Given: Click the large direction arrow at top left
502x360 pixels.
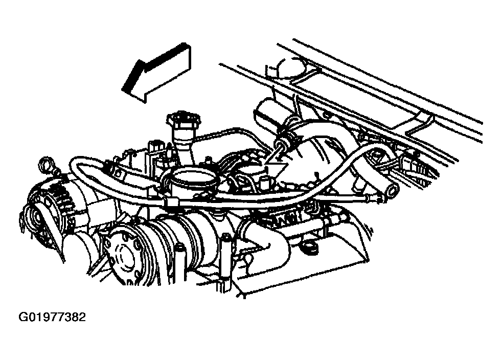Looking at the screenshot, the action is (157, 73).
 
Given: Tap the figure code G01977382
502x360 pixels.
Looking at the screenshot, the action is (53, 317).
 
